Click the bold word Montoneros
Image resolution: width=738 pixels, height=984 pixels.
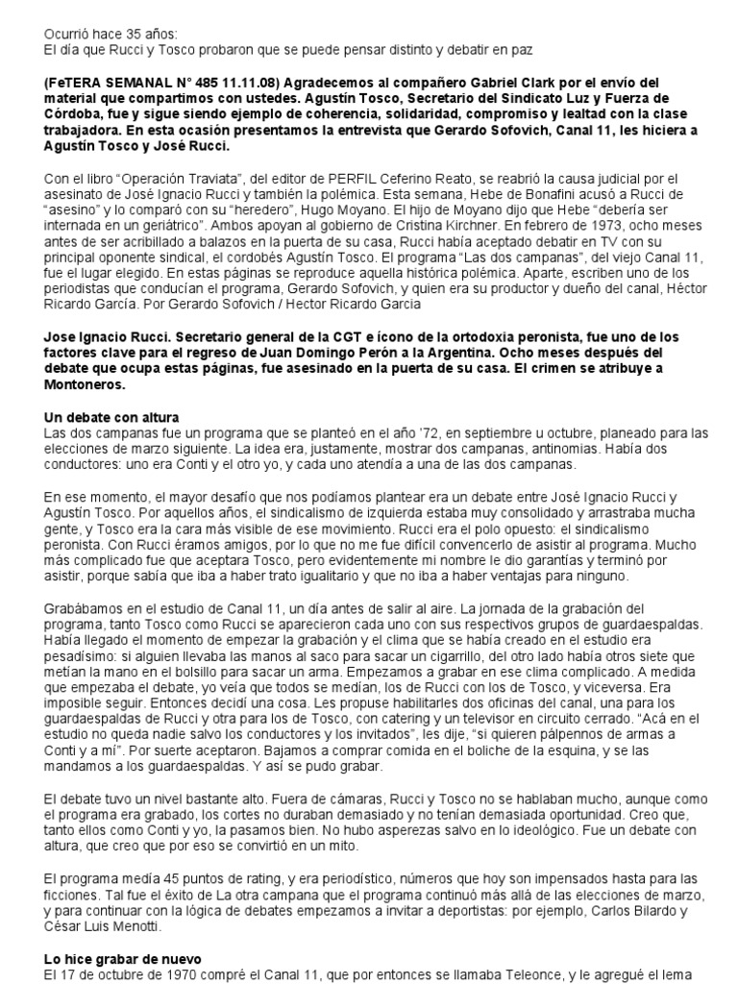point(86,384)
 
